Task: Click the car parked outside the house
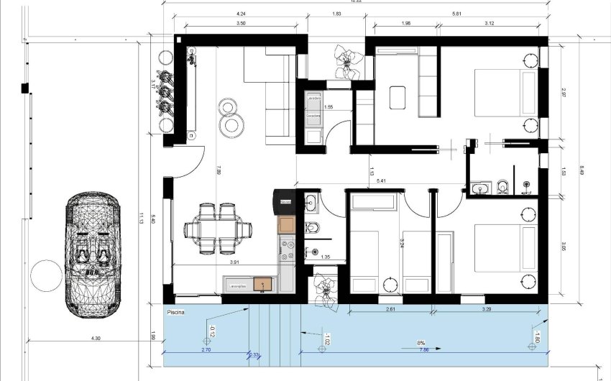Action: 93,253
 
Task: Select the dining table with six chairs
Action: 219,229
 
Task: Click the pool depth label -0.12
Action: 212,332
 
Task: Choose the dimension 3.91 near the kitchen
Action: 234,263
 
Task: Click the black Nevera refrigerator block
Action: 285,202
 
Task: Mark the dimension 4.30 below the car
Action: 95,339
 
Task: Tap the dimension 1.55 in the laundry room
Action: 328,107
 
